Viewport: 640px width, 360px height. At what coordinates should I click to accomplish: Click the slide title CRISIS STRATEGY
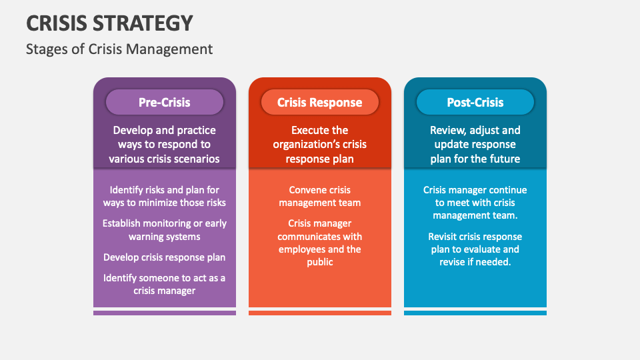(x=110, y=23)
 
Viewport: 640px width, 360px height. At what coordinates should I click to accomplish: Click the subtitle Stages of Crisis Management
(x=119, y=49)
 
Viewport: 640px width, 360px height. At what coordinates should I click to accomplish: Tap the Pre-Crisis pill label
(x=164, y=102)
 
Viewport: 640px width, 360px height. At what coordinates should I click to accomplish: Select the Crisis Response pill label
(x=319, y=102)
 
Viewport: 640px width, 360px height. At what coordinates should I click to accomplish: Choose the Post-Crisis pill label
(x=475, y=102)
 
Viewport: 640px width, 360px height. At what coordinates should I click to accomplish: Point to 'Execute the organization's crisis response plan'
(x=319, y=144)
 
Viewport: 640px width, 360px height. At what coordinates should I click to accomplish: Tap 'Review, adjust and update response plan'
(x=475, y=144)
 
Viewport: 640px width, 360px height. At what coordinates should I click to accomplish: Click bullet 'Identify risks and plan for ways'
(x=164, y=196)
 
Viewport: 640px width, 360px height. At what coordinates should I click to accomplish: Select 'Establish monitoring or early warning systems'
(x=164, y=230)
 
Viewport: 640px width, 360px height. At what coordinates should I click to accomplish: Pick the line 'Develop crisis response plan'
(x=164, y=257)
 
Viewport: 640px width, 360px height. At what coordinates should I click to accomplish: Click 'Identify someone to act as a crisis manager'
(x=164, y=284)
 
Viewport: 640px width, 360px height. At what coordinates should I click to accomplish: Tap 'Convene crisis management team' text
(x=319, y=196)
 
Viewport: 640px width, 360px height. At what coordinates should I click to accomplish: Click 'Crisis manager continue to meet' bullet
(x=475, y=203)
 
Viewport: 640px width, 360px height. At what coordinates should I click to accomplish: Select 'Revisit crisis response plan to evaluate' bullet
(x=475, y=249)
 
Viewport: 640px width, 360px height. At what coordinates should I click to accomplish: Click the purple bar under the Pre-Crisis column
(x=164, y=312)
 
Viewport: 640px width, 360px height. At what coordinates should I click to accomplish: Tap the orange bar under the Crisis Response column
(x=319, y=312)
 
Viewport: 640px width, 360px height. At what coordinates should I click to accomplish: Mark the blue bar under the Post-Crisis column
(x=475, y=312)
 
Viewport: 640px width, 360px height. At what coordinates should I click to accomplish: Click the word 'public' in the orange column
(x=319, y=262)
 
